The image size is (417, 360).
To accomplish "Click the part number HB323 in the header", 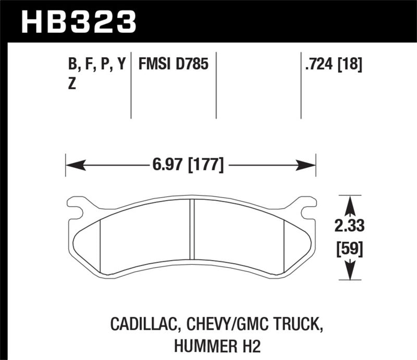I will click(78, 22).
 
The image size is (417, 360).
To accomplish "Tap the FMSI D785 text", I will click(173, 65).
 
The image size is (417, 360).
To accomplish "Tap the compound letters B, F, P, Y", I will click(97, 65).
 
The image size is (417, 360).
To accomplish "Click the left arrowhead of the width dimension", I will click(73, 166).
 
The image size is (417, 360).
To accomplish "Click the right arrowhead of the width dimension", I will click(308, 166).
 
